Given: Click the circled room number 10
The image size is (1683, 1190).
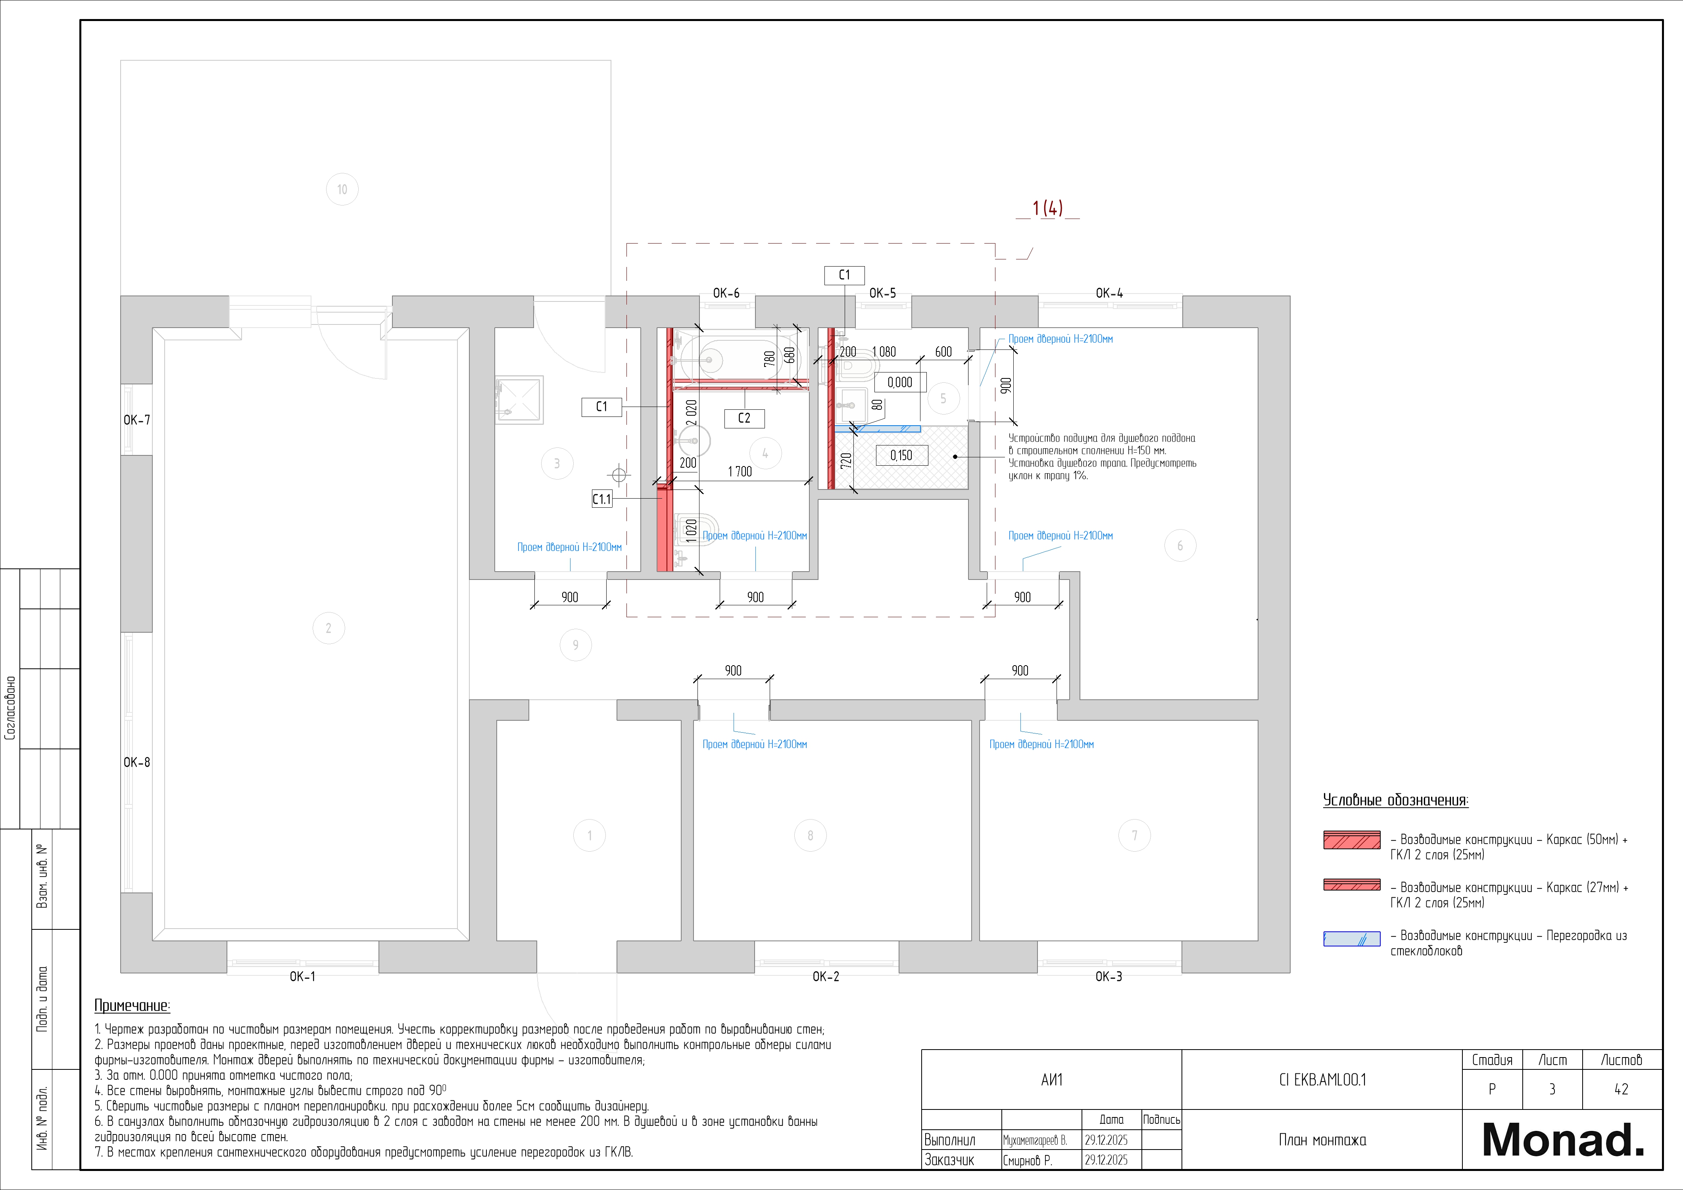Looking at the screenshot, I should (342, 189).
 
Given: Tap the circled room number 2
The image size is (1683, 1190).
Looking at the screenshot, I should (329, 628).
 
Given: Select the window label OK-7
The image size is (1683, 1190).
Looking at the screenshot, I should (136, 420).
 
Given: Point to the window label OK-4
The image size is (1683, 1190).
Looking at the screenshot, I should (1109, 293).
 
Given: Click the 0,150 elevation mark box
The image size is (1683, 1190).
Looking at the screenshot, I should (901, 455).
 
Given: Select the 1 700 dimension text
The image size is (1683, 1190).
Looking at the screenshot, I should (740, 471).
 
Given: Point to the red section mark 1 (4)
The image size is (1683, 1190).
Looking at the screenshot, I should (1047, 208).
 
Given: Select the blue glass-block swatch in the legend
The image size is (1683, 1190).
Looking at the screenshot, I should (1352, 939).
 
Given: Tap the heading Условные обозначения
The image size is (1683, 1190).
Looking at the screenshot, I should (1395, 800).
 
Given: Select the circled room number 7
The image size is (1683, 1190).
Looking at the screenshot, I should (1135, 835).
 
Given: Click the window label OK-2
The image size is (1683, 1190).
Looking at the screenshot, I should (825, 976).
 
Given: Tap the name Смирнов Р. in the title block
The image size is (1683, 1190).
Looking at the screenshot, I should (1027, 1160).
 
